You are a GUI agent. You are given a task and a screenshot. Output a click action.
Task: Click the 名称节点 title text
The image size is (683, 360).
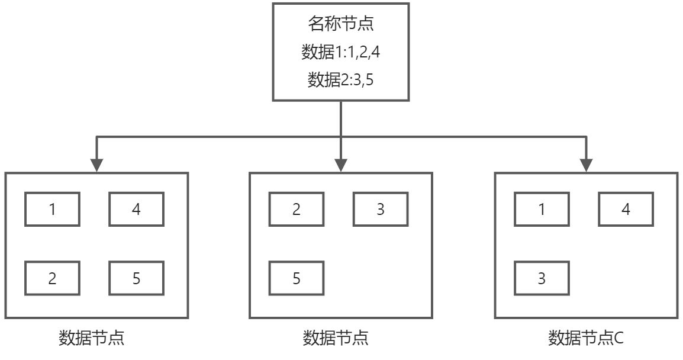tap(340, 24)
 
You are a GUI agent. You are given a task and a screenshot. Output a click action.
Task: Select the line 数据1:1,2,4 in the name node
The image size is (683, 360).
tap(340, 52)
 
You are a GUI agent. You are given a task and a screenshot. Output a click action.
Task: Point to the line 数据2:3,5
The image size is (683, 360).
tap(340, 79)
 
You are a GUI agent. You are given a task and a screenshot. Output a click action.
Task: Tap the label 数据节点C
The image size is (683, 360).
tap(586, 338)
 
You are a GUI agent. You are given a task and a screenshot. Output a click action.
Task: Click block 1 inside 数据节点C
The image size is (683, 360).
tap(542, 210)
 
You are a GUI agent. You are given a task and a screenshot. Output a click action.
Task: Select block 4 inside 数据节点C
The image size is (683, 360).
tap(626, 210)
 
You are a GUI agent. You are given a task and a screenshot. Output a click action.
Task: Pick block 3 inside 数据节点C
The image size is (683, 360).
tap(542, 278)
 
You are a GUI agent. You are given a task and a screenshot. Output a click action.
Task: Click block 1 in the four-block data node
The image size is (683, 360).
tap(52, 210)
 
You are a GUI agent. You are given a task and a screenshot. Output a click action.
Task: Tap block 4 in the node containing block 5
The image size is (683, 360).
tap(136, 210)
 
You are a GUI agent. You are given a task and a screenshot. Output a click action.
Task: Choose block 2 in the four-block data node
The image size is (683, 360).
tap(52, 278)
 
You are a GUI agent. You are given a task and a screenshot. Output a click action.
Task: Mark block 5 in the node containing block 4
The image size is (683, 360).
tap(136, 278)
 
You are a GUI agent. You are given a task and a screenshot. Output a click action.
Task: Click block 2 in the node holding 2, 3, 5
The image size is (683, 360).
tap(297, 210)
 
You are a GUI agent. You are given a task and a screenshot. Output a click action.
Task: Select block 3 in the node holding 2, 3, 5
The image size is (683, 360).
tap(381, 210)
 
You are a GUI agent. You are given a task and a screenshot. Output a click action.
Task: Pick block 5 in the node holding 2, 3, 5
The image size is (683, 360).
tap(297, 278)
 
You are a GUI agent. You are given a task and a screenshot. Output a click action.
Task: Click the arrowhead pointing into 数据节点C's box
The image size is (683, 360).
tap(586, 165)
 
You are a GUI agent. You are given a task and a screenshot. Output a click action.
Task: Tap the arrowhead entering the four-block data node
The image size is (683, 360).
tap(96, 165)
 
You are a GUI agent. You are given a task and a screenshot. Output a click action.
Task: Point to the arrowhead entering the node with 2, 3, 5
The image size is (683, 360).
tap(341, 165)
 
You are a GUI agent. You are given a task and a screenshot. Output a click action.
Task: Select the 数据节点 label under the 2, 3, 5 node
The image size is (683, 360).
tap(336, 338)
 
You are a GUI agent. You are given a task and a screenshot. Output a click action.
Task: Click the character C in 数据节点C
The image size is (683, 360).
tap(618, 338)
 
